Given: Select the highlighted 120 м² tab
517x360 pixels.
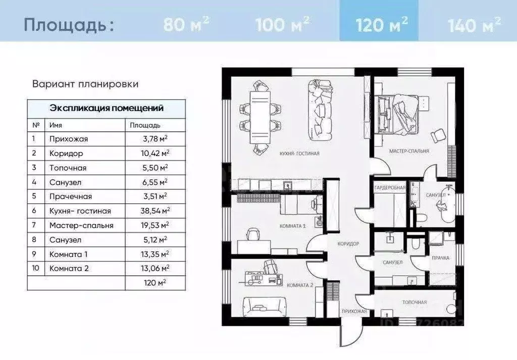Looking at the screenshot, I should (x=382, y=24).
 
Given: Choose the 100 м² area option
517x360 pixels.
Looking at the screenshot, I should (x=283, y=24).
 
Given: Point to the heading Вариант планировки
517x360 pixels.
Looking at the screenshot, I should (x=85, y=84).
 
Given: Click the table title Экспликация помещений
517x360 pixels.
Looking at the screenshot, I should (x=106, y=108).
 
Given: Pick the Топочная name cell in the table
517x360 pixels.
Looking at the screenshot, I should (x=68, y=168).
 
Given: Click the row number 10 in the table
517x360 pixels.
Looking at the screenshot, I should (x=35, y=269).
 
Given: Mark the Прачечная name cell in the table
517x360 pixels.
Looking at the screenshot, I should (x=71, y=196).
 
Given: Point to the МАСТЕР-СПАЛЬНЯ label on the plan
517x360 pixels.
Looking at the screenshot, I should (x=409, y=151).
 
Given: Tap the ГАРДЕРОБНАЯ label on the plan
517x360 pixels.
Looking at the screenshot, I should (x=390, y=188).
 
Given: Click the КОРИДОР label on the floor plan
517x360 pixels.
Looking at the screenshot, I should (x=348, y=244).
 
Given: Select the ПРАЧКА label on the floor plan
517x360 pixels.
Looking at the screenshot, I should (x=440, y=258).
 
